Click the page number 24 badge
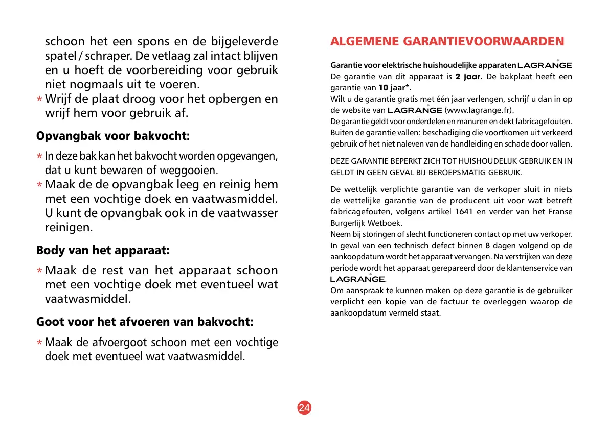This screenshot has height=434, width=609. (304, 407)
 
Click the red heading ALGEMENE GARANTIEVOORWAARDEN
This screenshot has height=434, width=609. (447, 41)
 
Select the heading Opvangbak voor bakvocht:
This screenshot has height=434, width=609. (113, 136)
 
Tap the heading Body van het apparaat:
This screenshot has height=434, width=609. (102, 251)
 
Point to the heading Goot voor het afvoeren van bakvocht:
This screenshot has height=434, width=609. (145, 322)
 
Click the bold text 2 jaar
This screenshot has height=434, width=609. (468, 77)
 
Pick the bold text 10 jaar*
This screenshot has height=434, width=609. (395, 87)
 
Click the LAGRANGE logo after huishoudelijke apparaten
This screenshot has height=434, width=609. (545, 66)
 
